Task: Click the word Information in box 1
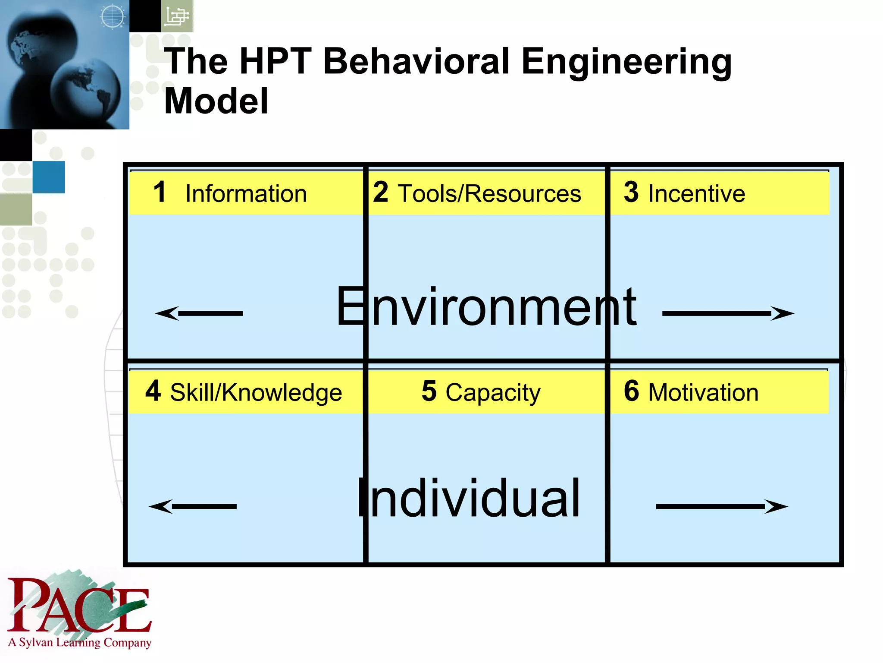tap(246, 193)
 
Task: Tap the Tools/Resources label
tap(489, 193)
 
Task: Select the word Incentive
tap(696, 193)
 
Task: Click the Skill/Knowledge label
tap(256, 392)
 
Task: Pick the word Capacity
tap(492, 392)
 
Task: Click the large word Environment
tap(486, 307)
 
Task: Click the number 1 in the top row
tap(160, 192)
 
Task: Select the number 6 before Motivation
tap(631, 391)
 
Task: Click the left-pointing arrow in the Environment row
tap(199, 313)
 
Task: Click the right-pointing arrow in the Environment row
tap(728, 313)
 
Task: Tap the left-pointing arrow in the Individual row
tap(193, 506)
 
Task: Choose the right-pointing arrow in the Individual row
tap(722, 506)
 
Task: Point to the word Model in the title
tap(216, 101)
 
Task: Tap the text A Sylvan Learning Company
tap(80, 643)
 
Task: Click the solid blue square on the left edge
tap(49, 177)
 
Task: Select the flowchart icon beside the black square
tap(177, 16)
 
